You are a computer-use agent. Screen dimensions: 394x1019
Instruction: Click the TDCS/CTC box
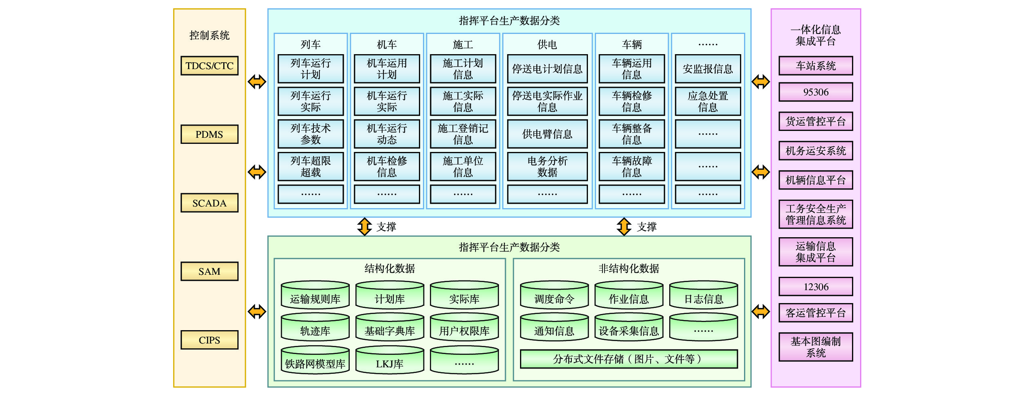tap(209, 65)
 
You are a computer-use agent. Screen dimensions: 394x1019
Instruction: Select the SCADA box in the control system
tap(209, 203)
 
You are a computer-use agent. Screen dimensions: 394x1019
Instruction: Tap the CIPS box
tap(209, 340)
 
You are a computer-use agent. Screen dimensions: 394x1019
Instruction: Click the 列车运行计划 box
tap(311, 69)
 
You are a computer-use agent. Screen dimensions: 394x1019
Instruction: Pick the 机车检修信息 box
tap(387, 166)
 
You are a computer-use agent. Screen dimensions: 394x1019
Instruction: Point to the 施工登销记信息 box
tap(463, 134)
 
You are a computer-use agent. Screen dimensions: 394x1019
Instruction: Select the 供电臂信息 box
tap(547, 134)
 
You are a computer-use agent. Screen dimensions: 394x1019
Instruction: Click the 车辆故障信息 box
tap(632, 166)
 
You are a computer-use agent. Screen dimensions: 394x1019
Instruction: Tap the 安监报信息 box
tap(708, 69)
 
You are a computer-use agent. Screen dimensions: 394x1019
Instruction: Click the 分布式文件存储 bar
tap(629, 359)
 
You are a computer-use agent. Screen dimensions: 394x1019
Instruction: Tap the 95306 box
tap(816, 92)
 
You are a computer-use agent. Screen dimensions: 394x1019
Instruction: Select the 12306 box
tap(816, 287)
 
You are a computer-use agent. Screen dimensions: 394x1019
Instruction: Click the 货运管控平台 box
tap(816, 121)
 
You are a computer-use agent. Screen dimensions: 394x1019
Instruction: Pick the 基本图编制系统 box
tap(816, 347)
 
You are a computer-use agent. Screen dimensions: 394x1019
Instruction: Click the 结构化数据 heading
tap(389, 268)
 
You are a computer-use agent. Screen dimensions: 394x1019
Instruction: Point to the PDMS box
tap(209, 134)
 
